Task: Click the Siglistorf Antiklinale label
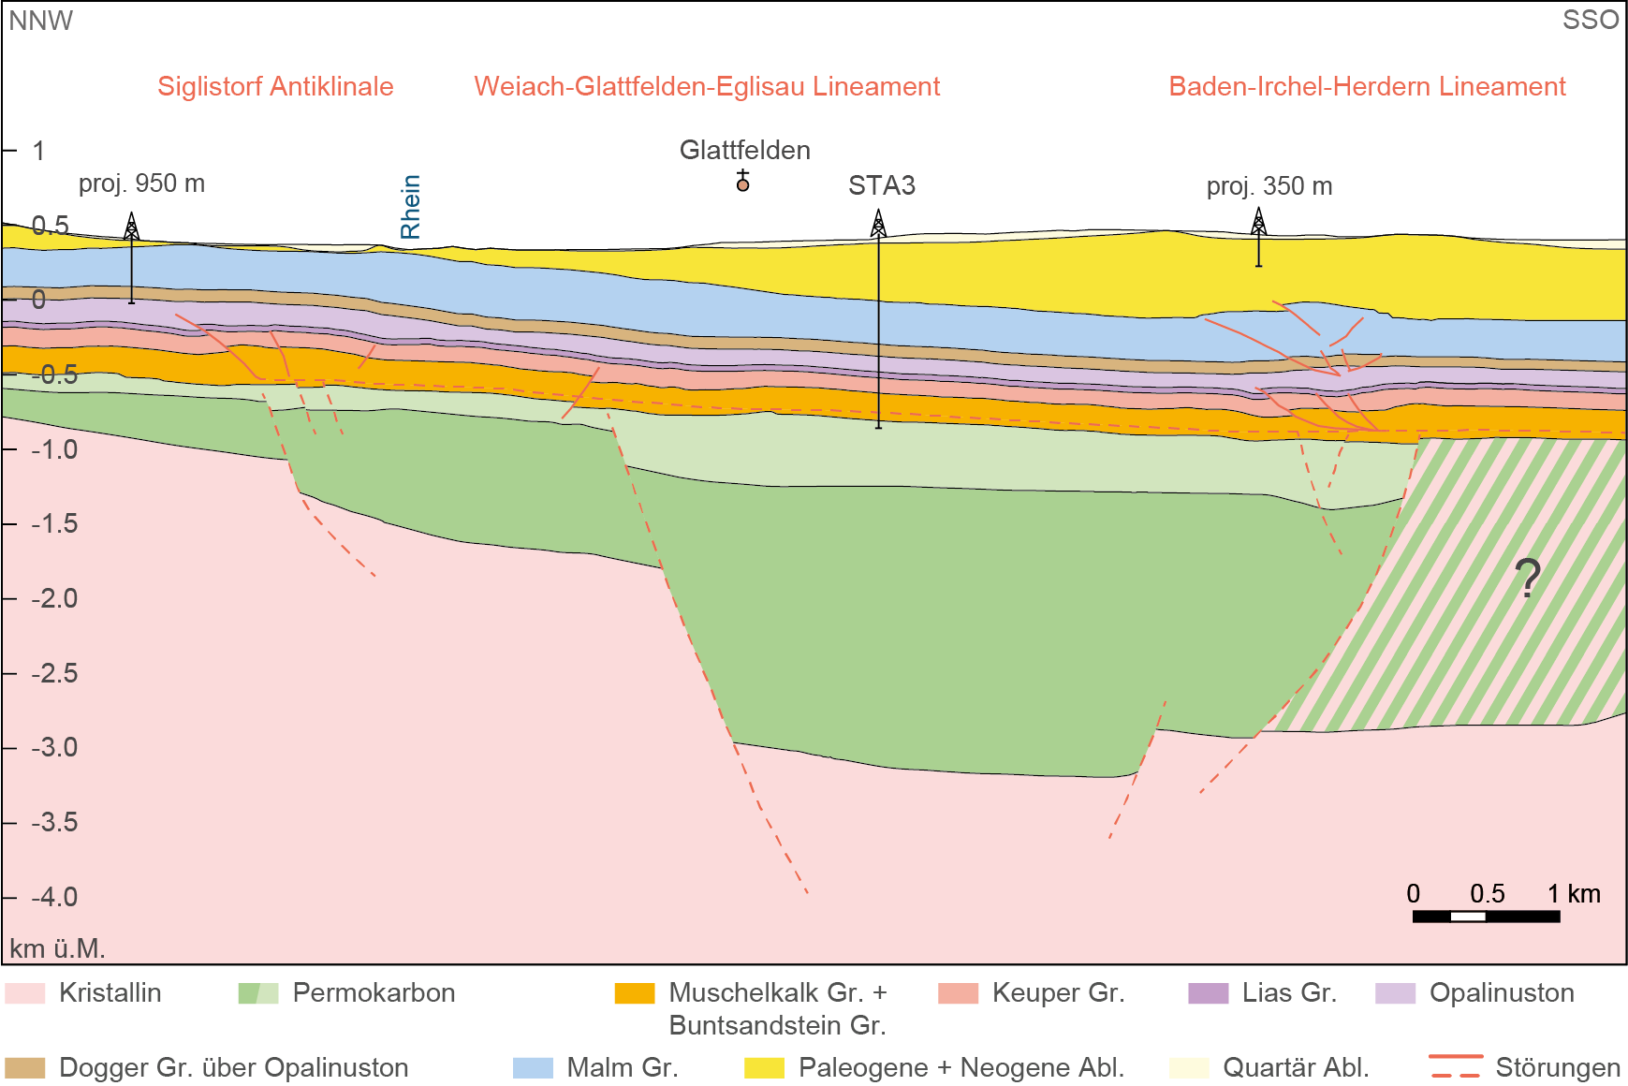[275, 86]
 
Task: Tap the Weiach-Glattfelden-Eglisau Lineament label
[707, 86]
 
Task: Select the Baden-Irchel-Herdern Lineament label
[1367, 86]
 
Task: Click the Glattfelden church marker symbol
[742, 181]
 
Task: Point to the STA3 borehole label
[881, 185]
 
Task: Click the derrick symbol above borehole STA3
[878, 223]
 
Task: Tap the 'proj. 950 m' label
[141, 183]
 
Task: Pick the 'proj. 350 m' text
[1269, 185]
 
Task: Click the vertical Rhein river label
[410, 207]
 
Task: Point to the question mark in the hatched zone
[1527, 578]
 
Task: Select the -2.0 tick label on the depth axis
[54, 598]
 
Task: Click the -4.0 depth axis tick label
[54, 897]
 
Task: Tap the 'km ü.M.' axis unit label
[57, 948]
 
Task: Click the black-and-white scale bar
[1486, 916]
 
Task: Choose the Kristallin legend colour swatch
[24, 992]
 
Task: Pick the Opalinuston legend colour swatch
[1395, 992]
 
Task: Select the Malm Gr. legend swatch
[533, 1067]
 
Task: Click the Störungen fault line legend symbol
[1456, 1066]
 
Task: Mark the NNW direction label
[40, 21]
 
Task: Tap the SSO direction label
[1590, 20]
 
